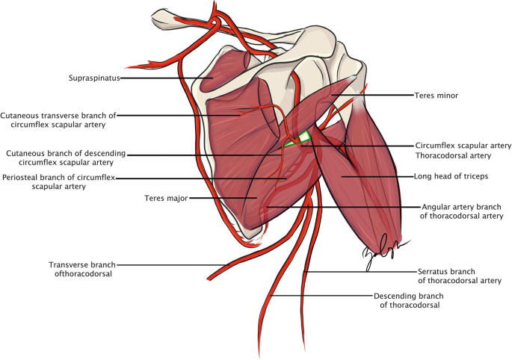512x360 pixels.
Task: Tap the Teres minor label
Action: click(x=437, y=96)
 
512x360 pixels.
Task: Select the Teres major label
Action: click(x=166, y=199)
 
